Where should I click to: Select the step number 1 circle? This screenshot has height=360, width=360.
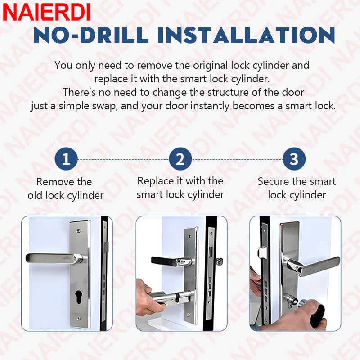click(66, 159)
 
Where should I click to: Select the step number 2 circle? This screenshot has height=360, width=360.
click(180, 159)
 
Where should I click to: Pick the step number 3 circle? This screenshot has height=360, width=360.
click(294, 159)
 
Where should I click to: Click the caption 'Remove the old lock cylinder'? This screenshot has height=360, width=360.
click(66, 189)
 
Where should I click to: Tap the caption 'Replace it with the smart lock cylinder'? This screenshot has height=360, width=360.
click(180, 188)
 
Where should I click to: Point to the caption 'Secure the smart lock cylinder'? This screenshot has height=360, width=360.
click(297, 188)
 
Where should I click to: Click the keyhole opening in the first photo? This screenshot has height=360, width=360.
click(79, 297)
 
